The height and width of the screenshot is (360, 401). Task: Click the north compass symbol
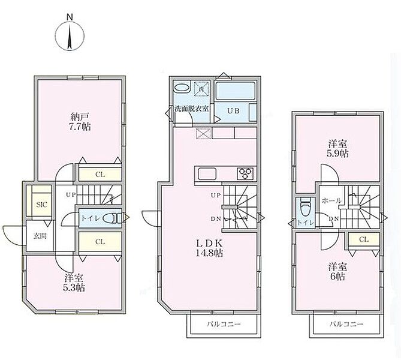point(70,35)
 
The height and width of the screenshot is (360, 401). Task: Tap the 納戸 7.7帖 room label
point(80,122)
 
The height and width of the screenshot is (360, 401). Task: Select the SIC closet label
point(42,205)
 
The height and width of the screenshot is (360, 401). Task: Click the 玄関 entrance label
point(40,236)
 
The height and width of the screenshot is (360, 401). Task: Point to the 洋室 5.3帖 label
point(74,283)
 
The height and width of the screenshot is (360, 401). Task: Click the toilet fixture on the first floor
point(112,218)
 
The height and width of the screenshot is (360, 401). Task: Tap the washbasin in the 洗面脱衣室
point(182,88)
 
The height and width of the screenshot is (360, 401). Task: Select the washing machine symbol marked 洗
point(202,89)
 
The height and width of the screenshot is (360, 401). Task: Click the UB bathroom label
point(234,111)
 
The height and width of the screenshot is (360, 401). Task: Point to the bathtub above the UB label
point(236,91)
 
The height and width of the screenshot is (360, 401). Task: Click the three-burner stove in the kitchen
point(246,173)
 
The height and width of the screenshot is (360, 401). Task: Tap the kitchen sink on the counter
point(207,174)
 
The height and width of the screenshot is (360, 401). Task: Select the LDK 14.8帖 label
point(209,248)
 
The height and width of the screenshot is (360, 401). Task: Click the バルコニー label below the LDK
point(224,325)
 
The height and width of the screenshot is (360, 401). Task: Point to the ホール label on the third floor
point(331,200)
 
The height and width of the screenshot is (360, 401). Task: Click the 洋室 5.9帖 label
point(337,149)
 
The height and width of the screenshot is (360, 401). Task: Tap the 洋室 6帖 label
point(337,272)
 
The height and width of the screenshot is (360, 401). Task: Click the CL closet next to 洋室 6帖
point(364,239)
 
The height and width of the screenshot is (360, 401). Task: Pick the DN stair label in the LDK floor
point(216,219)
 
